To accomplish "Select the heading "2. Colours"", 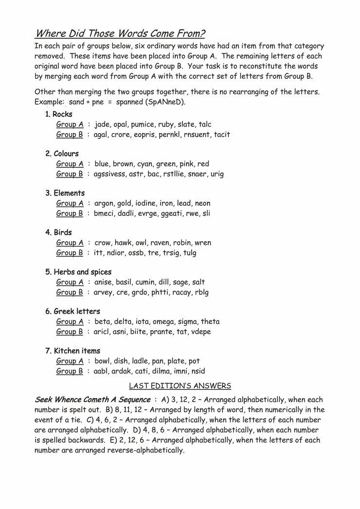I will [62, 154].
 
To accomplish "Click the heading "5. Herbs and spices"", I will [78, 272].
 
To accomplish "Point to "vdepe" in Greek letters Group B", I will [200, 332].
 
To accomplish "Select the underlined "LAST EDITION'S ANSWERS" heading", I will [180, 386].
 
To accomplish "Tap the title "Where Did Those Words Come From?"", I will [120, 34].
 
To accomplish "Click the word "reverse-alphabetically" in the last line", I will [142, 450].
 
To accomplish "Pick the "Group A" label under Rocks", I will [70, 124].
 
